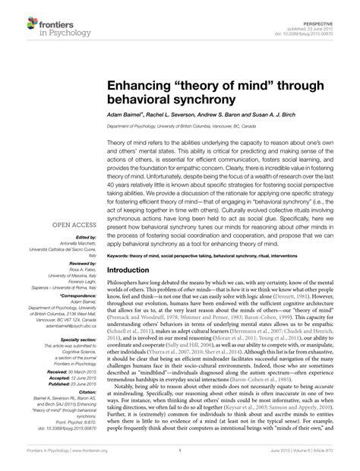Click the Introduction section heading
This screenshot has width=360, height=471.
pos(132,270)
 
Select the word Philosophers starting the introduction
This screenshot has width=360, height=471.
pos(125,283)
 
